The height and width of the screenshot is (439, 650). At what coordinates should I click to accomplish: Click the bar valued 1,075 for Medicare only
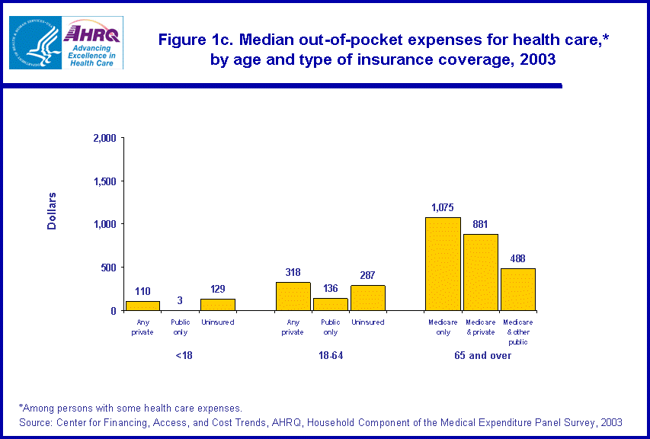443,264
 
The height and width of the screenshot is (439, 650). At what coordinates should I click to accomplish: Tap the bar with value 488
517,290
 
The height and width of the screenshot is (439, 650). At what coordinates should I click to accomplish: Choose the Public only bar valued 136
330,304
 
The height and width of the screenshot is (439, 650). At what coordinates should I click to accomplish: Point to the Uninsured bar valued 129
217,305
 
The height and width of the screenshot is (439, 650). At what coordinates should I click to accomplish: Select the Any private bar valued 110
142,306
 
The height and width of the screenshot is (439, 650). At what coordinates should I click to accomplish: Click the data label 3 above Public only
180,301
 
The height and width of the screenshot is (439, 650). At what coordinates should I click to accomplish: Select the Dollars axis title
52,211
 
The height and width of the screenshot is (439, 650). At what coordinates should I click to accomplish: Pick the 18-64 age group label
330,356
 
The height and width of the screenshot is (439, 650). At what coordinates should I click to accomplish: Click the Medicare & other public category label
517,332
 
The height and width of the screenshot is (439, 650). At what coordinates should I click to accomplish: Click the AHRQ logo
93,43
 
